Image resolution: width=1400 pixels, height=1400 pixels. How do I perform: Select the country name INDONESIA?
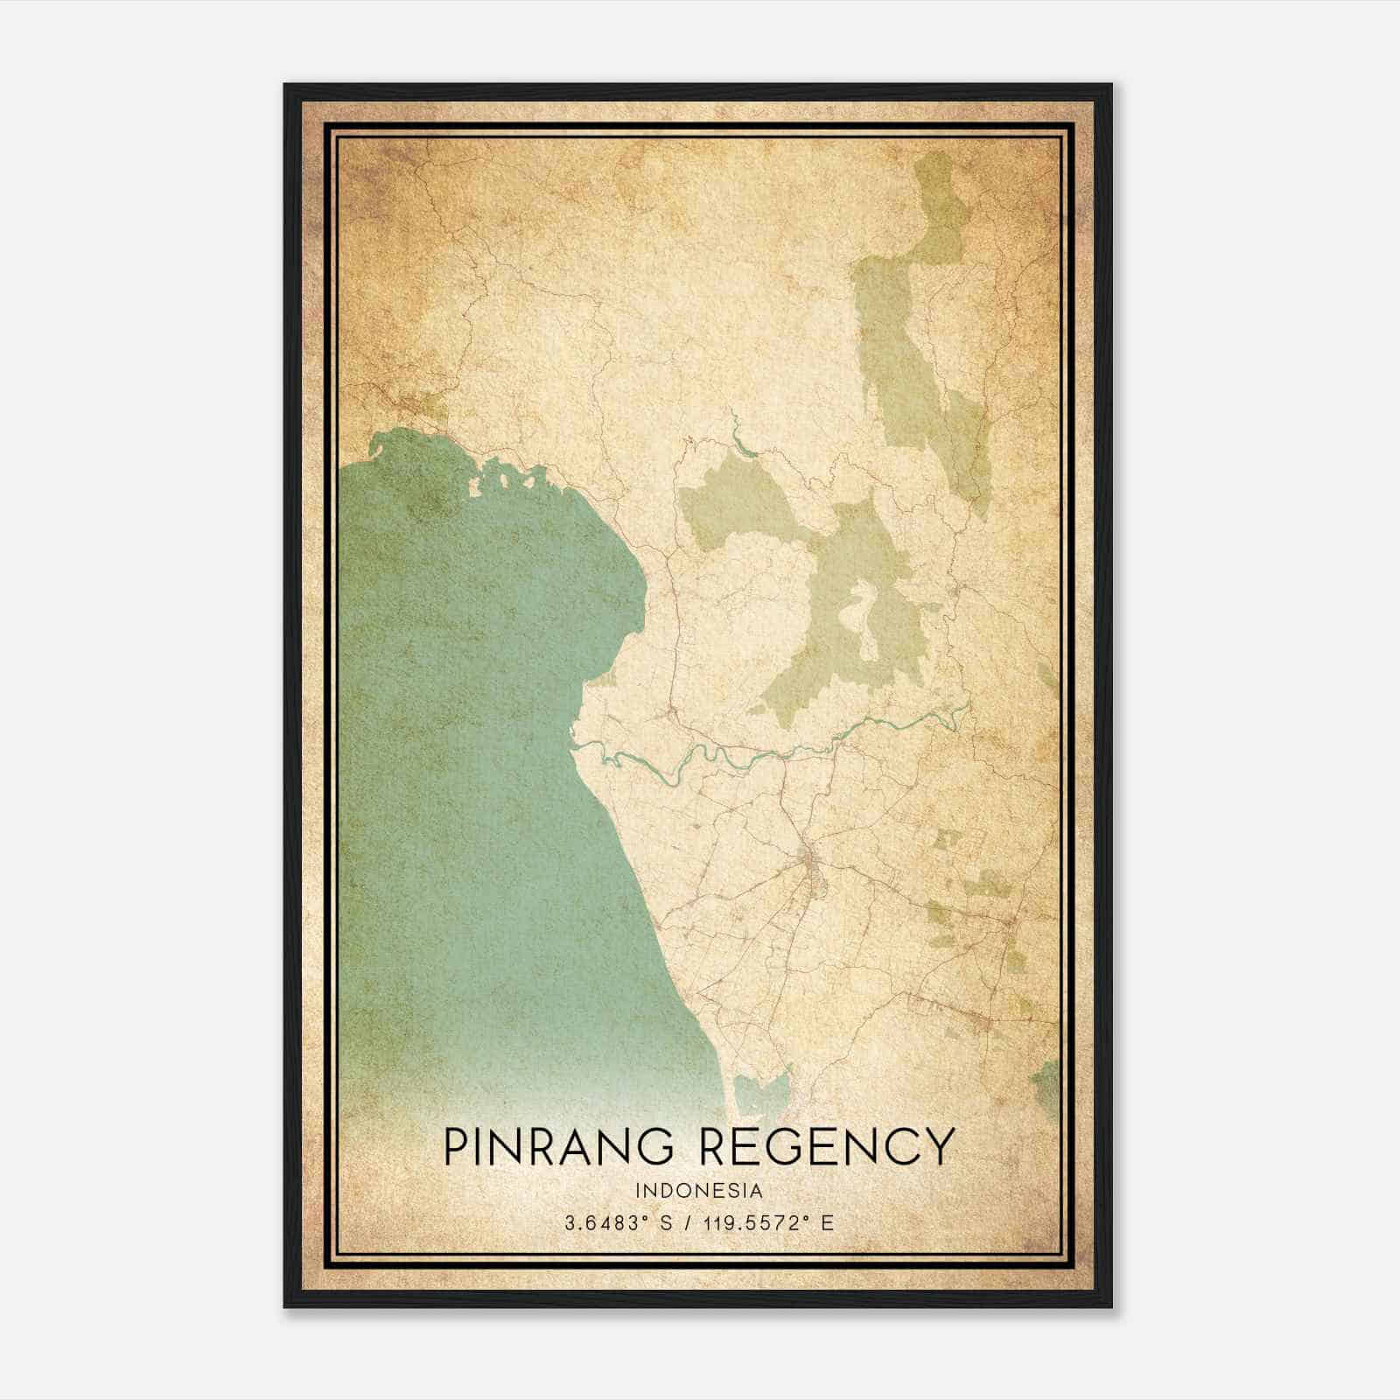(x=699, y=1191)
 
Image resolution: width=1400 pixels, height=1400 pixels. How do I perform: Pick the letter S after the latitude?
(x=666, y=1222)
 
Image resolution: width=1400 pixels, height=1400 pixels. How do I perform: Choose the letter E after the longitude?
(x=827, y=1222)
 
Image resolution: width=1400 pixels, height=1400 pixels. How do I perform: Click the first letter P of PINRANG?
(x=456, y=1146)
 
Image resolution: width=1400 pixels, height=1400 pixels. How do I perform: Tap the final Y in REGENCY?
(x=940, y=1146)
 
